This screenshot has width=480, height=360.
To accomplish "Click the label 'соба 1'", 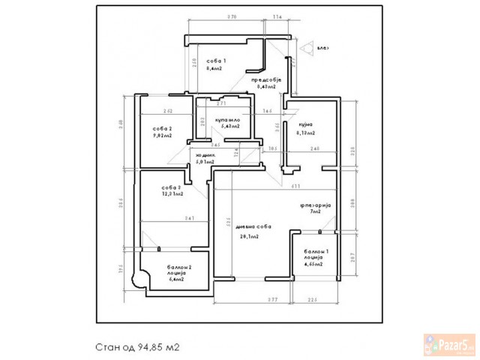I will pyautogui.click(x=216, y=59).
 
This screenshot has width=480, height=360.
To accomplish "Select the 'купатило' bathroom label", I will pyautogui.click(x=226, y=119).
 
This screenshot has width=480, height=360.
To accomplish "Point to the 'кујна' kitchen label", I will pyautogui.click(x=304, y=124).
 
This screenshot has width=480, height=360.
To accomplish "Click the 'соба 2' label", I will pyautogui.click(x=163, y=128).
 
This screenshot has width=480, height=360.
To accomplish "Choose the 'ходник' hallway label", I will pyautogui.click(x=205, y=155).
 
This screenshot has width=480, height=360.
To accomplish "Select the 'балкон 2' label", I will pyautogui.click(x=179, y=267).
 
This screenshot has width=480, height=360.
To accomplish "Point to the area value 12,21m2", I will pyautogui.click(x=172, y=193).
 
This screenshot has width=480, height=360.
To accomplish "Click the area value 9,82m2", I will pyautogui.click(x=163, y=136).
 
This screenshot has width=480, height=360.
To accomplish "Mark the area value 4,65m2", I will pyautogui.click(x=313, y=265).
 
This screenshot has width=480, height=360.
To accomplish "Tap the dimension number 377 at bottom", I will pyautogui.click(x=273, y=299).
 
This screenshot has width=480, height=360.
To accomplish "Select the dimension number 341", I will pyautogui.click(x=190, y=218).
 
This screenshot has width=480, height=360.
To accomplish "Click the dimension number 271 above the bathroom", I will pyautogui.click(x=222, y=103).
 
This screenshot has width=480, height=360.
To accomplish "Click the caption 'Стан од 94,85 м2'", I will pyautogui.click(x=138, y=347).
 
